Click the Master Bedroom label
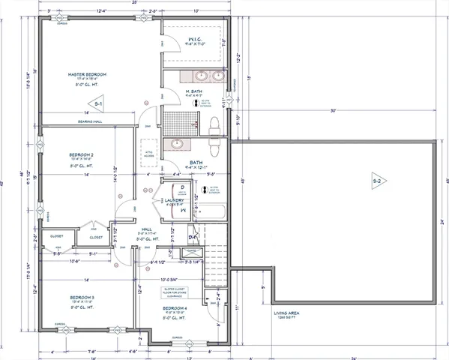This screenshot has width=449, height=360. (87, 75)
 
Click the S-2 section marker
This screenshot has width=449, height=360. (378, 180)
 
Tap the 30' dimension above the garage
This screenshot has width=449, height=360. (331, 111)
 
